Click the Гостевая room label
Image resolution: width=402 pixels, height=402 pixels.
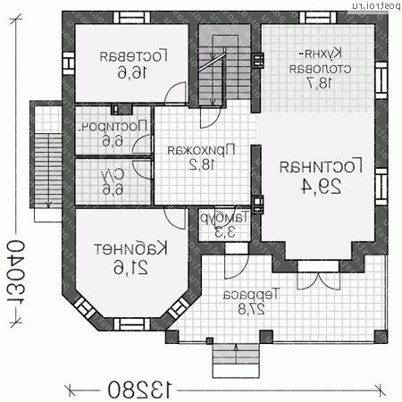point(130,54)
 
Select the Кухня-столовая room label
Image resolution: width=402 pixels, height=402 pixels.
point(317,59)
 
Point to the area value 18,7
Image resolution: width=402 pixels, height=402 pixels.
point(319,84)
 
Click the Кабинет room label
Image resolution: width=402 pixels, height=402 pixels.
point(131,247)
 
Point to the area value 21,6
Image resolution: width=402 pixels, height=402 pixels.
point(131,267)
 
